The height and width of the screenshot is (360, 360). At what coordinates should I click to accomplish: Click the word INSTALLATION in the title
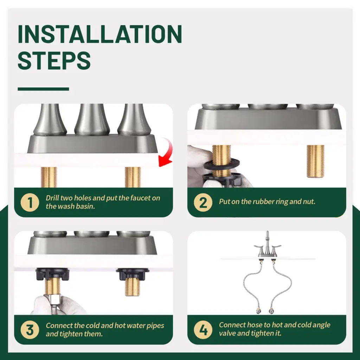(100, 34)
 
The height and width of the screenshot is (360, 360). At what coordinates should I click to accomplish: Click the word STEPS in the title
(54, 60)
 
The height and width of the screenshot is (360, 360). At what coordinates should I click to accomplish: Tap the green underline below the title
(43, 89)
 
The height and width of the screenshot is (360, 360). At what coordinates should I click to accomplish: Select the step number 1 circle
(30, 202)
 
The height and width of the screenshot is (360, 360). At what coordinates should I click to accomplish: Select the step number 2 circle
(203, 202)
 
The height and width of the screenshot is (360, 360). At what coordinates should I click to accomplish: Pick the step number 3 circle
(30, 330)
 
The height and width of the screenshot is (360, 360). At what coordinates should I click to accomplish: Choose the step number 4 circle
(203, 330)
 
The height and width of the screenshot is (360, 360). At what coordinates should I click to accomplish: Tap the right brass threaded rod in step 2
(315, 161)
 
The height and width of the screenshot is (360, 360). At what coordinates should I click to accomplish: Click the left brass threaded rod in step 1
(49, 177)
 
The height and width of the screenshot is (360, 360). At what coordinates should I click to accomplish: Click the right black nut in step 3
(133, 274)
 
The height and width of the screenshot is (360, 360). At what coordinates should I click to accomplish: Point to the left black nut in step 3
(52, 274)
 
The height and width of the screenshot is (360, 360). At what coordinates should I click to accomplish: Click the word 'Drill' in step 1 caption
(52, 198)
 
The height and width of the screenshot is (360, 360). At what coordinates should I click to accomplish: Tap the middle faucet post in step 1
(92, 120)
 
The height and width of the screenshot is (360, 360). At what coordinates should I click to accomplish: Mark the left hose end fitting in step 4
(258, 310)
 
